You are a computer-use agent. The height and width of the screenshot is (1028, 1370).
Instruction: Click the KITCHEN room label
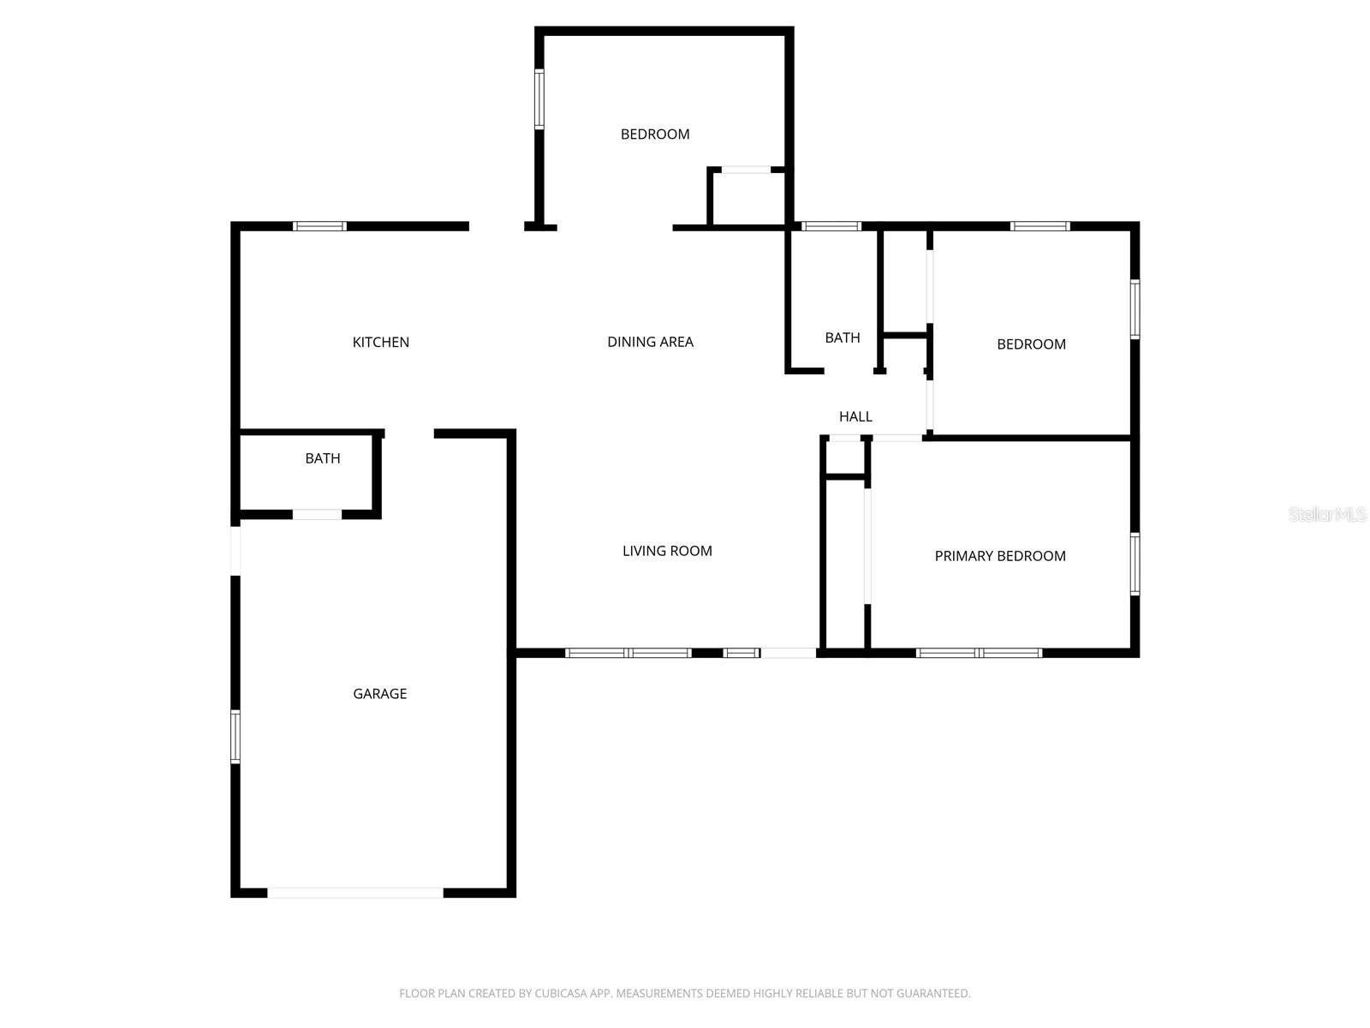(381, 343)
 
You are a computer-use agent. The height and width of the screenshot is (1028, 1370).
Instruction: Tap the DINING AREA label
(650, 342)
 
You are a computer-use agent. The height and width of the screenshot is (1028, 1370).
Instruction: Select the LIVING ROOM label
(667, 551)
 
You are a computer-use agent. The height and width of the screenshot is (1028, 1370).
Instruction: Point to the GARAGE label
(379, 694)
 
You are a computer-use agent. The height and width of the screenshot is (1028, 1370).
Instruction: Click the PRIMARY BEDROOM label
(1000, 556)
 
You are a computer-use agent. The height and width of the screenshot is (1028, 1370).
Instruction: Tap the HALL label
(855, 417)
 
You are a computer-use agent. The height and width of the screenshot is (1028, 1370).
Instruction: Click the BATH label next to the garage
(323, 458)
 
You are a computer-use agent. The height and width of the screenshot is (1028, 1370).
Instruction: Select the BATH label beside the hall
(843, 338)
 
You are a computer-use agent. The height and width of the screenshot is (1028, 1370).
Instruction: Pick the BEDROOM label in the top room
(655, 134)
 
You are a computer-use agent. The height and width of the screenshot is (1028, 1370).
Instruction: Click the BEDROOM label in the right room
(1031, 344)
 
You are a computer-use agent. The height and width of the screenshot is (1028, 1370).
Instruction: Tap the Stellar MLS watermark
(1327, 515)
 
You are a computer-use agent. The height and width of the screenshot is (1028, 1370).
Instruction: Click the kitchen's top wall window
(319, 226)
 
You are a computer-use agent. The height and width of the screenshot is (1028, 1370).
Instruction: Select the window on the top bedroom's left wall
(539, 99)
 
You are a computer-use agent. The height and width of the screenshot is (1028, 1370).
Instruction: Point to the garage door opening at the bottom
(355, 893)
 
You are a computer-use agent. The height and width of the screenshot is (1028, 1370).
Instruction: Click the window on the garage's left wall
(235, 736)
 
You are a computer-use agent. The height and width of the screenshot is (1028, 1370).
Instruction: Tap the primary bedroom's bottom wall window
(979, 653)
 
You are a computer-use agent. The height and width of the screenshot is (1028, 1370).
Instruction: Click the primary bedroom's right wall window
(1135, 564)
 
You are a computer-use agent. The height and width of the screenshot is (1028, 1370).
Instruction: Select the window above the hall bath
(831, 226)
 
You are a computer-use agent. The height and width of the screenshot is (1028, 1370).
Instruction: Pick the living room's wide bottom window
(628, 653)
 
